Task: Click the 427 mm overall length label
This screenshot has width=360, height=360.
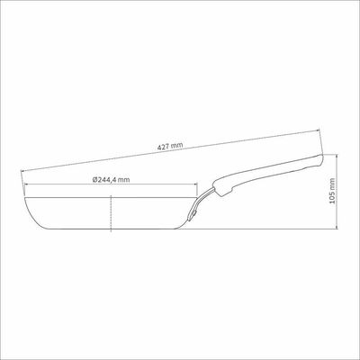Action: (170, 147)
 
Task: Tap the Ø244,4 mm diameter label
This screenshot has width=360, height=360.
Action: (112, 180)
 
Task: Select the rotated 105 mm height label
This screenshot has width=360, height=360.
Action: (331, 191)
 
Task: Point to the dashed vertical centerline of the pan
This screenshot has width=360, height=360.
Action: (112, 213)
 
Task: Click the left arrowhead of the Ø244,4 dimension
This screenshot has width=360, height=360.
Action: (26, 184)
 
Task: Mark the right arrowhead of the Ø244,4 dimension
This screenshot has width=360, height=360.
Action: (195, 184)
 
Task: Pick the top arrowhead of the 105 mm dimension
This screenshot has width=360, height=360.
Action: (337, 157)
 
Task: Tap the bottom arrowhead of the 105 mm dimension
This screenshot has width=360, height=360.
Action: (337, 227)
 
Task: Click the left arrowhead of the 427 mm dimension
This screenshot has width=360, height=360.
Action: (22, 171)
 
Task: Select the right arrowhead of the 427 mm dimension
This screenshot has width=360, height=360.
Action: (318, 130)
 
